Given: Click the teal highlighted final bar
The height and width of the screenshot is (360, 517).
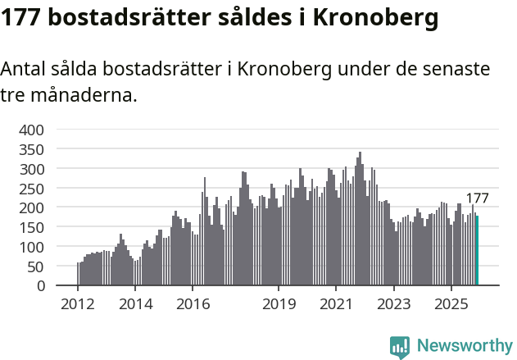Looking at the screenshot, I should point(477,251).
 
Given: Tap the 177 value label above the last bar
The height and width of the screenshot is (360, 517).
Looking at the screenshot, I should point(477,198).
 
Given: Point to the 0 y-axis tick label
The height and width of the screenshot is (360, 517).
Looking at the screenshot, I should point(40,285).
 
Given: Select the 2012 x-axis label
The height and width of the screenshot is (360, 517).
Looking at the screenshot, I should point(78,304).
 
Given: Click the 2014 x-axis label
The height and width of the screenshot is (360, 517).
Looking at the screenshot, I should point(135,304).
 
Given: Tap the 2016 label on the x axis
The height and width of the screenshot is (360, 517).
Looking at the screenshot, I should point(193,304).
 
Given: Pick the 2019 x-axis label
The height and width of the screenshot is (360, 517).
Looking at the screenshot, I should point(279,304).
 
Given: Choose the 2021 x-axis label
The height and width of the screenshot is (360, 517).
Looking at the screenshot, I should point(336,304).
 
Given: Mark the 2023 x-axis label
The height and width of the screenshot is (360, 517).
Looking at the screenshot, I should point(393,304).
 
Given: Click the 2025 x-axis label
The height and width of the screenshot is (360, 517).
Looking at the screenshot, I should point(451,304).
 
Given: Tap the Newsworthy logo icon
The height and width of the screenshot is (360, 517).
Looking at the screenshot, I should point(400,347).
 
